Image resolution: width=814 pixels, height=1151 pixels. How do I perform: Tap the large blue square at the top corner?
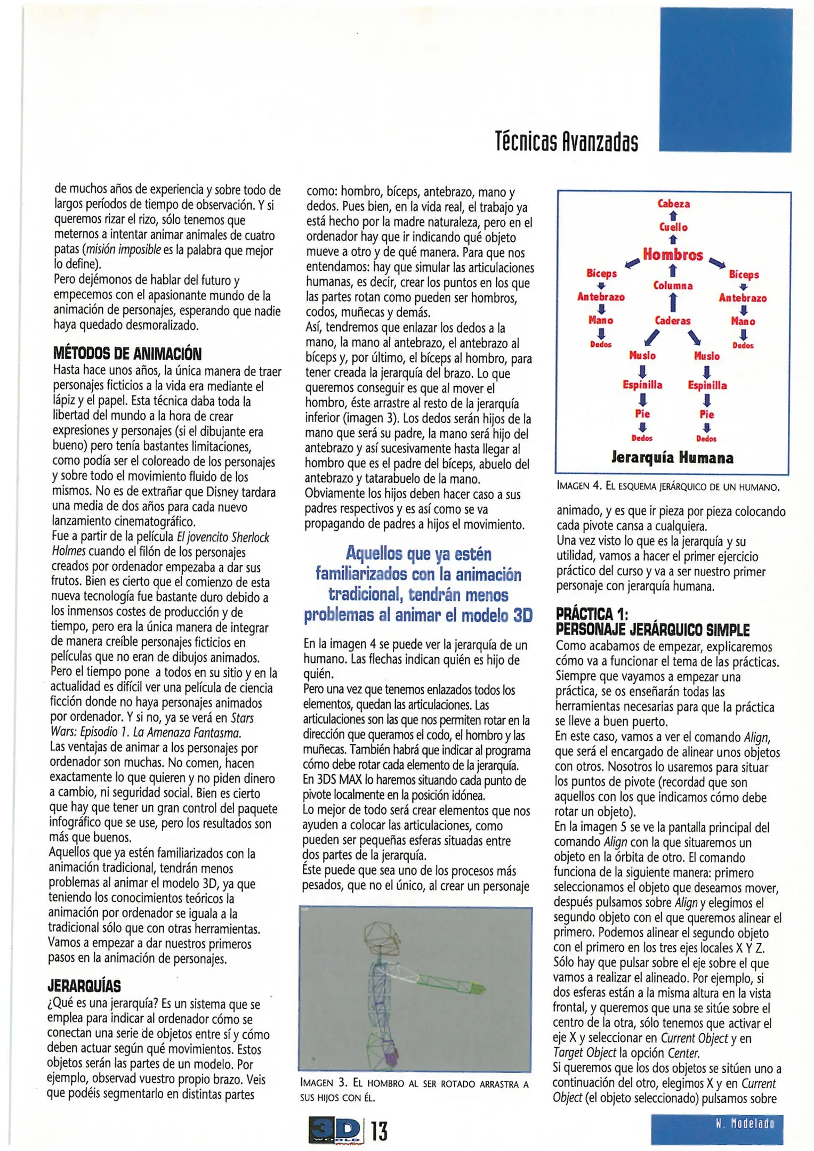point(726,80)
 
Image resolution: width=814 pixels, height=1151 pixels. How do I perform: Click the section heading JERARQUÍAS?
point(84,985)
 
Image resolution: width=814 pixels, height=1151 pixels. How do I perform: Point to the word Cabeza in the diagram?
point(673,204)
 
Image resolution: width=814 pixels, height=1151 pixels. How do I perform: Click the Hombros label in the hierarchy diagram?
point(673,255)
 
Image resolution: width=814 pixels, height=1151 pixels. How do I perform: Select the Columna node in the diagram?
point(673,286)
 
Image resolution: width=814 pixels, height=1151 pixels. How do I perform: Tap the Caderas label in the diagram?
point(673,321)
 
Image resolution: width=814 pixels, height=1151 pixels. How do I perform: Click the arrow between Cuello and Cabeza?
point(673,216)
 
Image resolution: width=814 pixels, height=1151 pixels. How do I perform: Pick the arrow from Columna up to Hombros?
point(673,271)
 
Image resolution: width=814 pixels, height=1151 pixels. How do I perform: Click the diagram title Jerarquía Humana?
point(672,458)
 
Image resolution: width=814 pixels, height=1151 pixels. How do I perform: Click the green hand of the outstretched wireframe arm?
point(478,989)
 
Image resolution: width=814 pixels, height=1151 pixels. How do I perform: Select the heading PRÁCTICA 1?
point(592,614)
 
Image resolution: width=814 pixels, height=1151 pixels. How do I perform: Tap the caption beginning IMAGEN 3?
point(414,1089)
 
